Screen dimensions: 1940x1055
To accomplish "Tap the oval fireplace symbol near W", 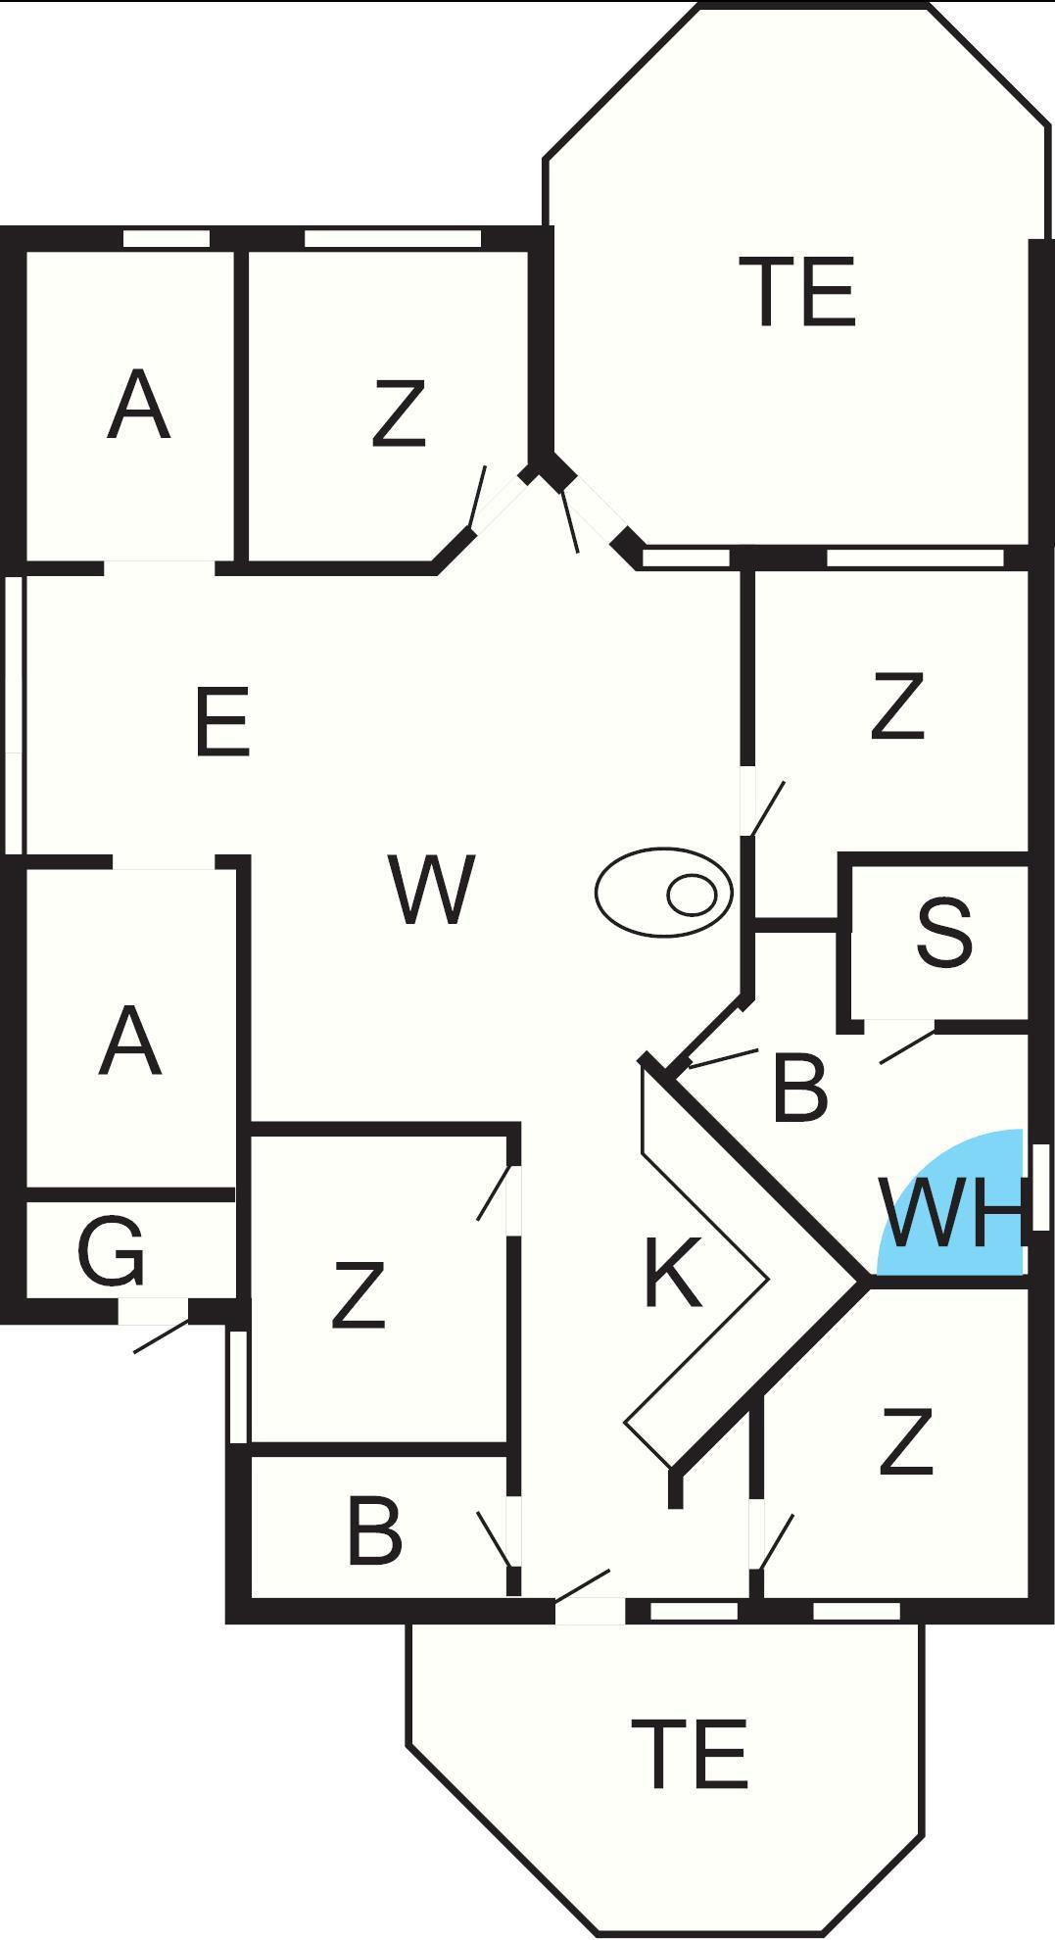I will pos(664,892).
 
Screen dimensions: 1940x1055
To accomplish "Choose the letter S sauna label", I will pos(944,934).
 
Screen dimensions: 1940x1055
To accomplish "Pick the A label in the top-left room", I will pos(138,405).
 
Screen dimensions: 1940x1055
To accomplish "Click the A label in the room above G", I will pos(129,1043).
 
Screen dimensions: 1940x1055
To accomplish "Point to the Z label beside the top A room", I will pos(399,414).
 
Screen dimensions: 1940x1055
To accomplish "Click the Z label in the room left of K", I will pos(358,1294).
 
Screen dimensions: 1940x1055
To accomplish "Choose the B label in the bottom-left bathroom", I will pos(374,1530).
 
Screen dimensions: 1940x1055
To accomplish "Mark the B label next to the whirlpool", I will pos(799,1087).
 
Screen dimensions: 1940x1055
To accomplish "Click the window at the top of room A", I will pos(167,238).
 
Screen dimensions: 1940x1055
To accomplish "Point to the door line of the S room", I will pos(907,1046).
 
